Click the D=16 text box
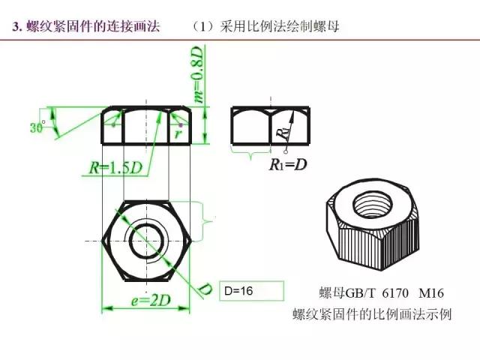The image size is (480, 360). click(253, 291)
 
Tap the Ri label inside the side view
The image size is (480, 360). click(282, 133)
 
